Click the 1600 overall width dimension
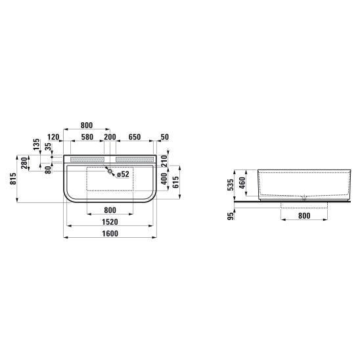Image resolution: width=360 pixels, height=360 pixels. pyautogui.click(x=110, y=233)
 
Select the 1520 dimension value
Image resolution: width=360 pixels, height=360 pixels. pyautogui.click(x=110, y=222)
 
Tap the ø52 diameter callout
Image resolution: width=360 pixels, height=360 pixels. pyautogui.click(x=123, y=174)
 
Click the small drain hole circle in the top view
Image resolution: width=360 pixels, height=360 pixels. pyautogui.click(x=110, y=171)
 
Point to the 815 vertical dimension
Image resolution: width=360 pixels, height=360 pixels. pyautogui.click(x=14, y=179)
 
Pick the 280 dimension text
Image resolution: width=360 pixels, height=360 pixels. pyautogui.click(x=24, y=163)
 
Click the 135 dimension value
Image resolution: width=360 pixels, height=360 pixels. pyautogui.click(x=37, y=145)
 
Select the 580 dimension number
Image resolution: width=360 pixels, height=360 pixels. pyautogui.click(x=87, y=137)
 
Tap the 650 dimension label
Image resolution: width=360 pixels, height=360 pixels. pyautogui.click(x=134, y=137)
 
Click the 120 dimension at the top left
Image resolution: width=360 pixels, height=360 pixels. pyautogui.click(x=53, y=137)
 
